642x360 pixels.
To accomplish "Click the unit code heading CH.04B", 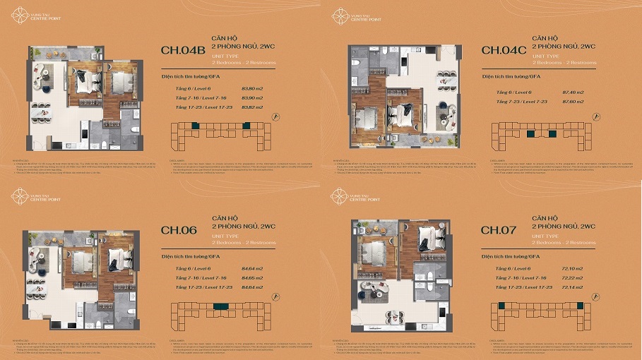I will point(183,50).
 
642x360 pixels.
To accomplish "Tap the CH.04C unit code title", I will point(504,50).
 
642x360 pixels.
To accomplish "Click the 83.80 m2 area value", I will point(252,88).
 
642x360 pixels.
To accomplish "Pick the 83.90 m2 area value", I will point(252,97).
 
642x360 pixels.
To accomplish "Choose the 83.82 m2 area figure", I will point(252,107).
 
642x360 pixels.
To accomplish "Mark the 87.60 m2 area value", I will point(573,103).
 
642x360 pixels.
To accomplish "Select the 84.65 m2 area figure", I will point(252,277).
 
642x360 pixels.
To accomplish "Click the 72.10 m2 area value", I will point(573,268).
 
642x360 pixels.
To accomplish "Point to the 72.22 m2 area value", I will point(573,277).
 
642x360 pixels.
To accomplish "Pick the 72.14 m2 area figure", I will point(573,287).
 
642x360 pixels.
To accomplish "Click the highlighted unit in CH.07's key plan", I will point(501,306).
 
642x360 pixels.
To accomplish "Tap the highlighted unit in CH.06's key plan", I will point(218,306).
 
